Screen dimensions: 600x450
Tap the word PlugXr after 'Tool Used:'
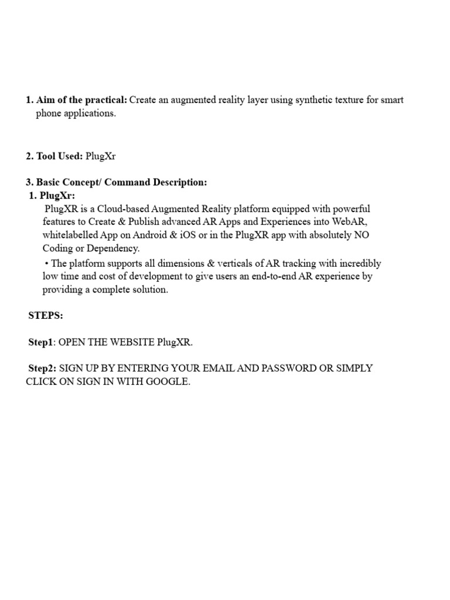tap(101, 156)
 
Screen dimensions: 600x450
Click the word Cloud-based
tap(124, 209)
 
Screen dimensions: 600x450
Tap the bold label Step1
tap(42, 342)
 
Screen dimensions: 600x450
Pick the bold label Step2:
tap(42, 368)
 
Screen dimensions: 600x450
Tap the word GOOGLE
tap(167, 381)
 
